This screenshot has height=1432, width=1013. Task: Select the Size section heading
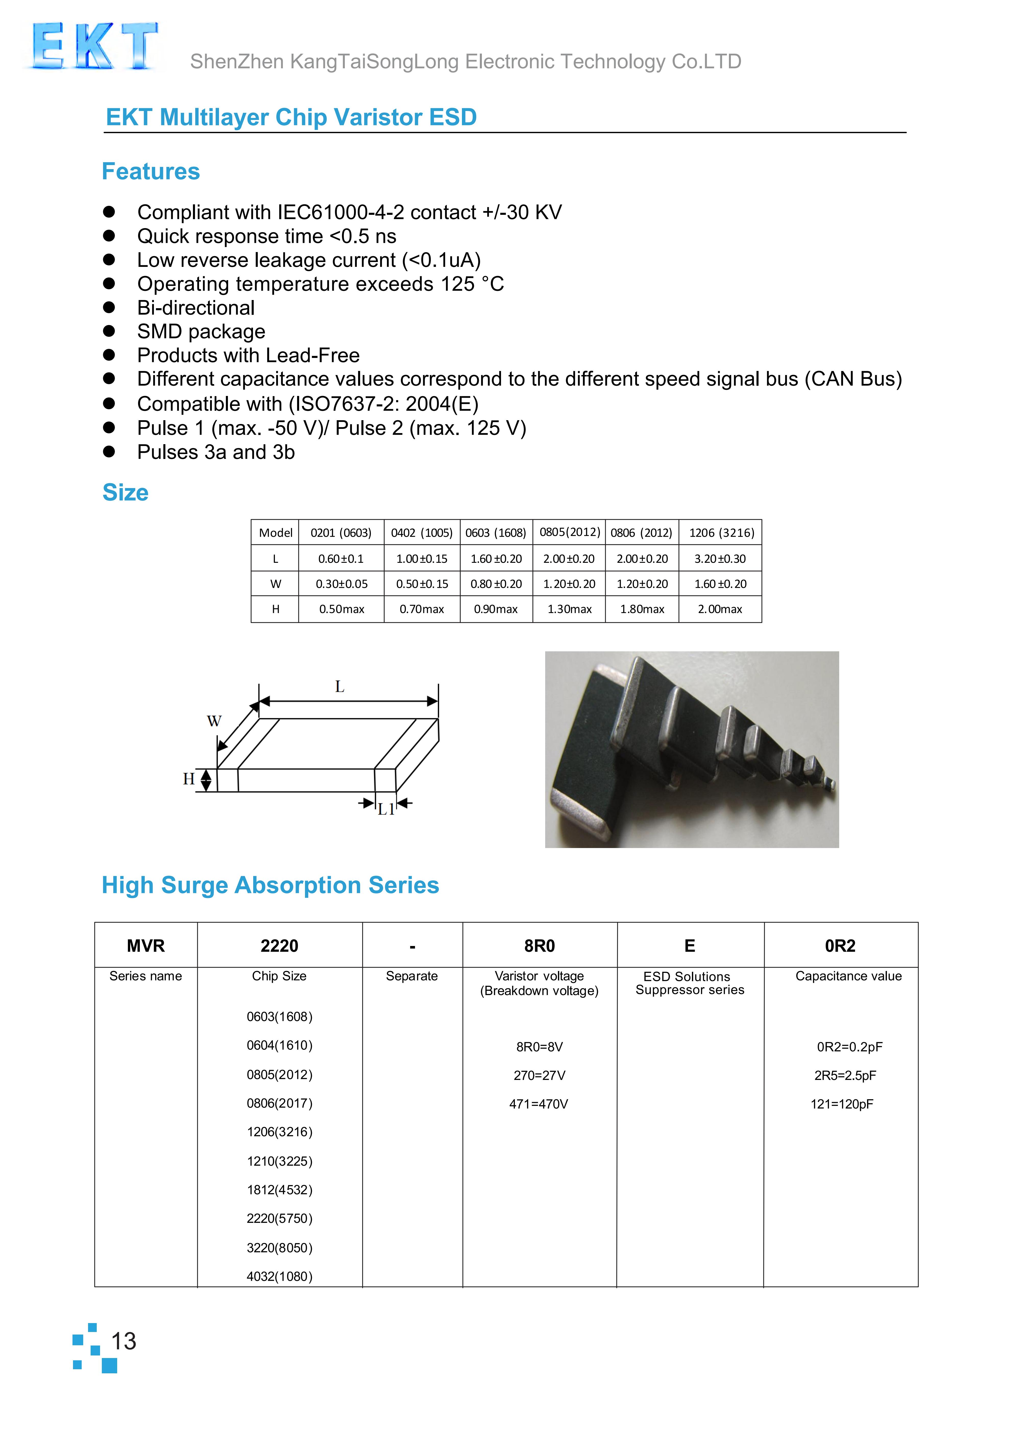(125, 493)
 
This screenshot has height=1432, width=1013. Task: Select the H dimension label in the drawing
(188, 779)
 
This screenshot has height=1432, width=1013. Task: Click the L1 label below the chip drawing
(386, 810)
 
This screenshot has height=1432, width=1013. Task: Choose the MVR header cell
(146, 946)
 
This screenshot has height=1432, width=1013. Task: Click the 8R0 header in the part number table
(540, 946)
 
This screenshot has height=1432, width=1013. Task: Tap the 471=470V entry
(539, 1104)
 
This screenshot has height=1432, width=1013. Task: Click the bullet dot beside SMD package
(109, 331)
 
